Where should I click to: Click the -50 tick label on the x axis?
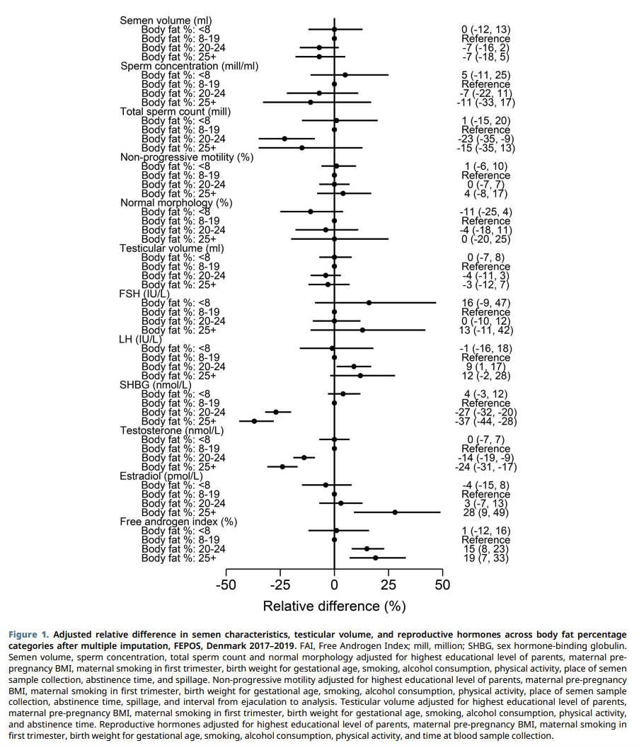tap(226, 585)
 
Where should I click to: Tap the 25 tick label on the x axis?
tap(388, 585)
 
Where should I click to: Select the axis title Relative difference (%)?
tap(334, 606)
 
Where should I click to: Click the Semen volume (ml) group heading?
tap(166, 21)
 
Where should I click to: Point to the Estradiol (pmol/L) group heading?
tap(161, 476)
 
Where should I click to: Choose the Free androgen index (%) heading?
tap(178, 522)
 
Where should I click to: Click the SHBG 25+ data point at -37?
tap(254, 421)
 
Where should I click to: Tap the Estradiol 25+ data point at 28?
tap(395, 512)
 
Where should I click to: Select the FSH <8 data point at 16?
tap(369, 302)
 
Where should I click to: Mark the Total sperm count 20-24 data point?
tap(284, 139)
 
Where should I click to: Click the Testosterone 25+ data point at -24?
tap(282, 466)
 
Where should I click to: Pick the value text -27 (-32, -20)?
tap(485, 413)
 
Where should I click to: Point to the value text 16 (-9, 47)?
tap(485, 303)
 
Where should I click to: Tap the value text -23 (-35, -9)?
tap(485, 139)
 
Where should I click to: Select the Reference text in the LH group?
tap(485, 358)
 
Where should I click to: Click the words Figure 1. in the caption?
tap(28, 635)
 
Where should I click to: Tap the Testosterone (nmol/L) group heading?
tap(172, 430)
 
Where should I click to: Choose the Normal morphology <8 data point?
tap(311, 212)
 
